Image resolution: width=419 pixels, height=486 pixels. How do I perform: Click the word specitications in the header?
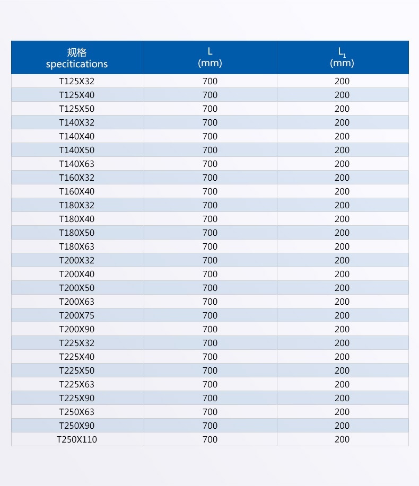77,64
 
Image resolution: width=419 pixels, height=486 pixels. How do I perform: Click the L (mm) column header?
210,57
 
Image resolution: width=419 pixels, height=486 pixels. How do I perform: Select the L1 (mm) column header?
342,57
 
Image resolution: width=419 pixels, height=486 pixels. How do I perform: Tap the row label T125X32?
77,81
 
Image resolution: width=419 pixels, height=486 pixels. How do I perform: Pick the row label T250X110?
77,439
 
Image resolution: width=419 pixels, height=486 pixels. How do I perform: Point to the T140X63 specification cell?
77,164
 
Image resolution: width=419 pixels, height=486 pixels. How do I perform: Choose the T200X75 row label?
77,315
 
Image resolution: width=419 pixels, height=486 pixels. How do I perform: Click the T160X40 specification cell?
77,191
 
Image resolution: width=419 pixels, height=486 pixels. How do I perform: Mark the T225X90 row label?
77,398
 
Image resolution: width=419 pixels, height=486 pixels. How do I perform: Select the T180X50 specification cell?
77,233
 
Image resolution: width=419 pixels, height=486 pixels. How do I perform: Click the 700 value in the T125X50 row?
210,109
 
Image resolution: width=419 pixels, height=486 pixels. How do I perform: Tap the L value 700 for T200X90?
210,329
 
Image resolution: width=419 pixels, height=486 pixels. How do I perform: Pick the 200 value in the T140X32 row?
342,122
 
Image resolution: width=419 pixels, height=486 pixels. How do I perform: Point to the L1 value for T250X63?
342,412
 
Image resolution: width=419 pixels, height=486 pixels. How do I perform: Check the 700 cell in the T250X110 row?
210,439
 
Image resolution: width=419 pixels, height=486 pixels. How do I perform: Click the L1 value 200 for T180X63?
342,246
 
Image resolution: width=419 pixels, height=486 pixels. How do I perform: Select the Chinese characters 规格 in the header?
77,52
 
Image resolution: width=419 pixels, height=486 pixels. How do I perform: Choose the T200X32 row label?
77,260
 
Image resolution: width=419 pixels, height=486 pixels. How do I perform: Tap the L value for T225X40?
210,357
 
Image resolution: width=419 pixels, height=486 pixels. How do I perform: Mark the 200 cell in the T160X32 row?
342,178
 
